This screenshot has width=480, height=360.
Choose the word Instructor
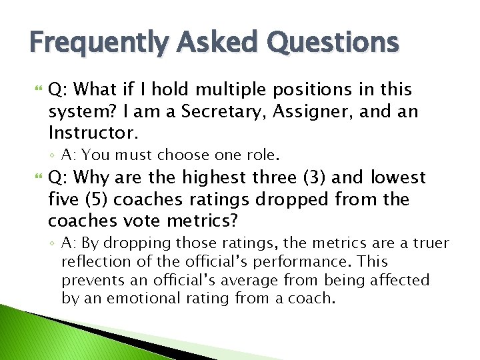tap(93, 132)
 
